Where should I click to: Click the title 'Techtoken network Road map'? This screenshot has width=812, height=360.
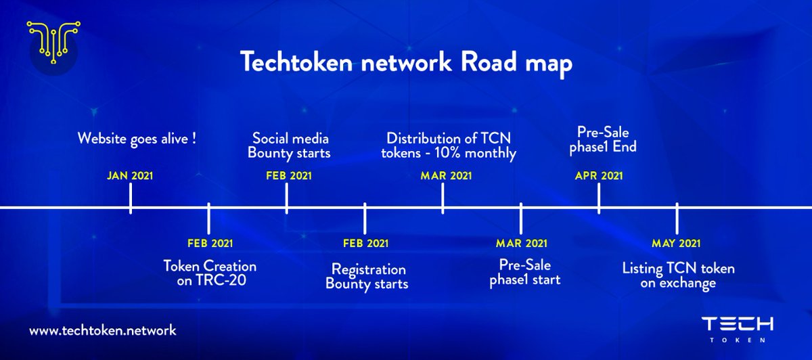(x=407, y=63)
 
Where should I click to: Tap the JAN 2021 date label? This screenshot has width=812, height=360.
(x=130, y=176)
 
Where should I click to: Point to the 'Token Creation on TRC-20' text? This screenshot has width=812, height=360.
(x=210, y=273)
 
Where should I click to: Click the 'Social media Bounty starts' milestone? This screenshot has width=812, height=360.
(x=291, y=145)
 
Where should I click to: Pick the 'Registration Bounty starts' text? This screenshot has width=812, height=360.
(x=367, y=277)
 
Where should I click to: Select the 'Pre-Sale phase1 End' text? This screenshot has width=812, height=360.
(x=606, y=137)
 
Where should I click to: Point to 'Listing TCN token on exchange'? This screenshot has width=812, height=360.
(x=678, y=276)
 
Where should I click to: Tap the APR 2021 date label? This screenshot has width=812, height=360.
(x=599, y=176)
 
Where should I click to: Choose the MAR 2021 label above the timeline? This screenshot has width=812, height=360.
(x=446, y=176)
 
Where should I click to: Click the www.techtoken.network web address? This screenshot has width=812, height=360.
(x=103, y=330)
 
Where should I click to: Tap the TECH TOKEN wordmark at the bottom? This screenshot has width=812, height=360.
(x=737, y=328)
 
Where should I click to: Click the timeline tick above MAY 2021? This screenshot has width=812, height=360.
(x=677, y=217)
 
